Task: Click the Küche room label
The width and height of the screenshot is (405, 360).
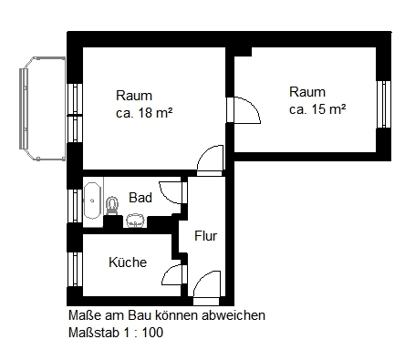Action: (128, 262)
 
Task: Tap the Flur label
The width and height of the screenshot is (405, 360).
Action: (206, 236)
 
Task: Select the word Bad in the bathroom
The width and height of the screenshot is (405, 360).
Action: (140, 198)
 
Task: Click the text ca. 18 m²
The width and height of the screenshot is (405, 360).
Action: (144, 113)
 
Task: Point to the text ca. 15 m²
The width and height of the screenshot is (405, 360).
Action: (317, 109)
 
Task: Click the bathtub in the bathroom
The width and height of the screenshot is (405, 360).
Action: (92, 201)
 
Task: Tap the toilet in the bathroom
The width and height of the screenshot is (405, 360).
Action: (112, 206)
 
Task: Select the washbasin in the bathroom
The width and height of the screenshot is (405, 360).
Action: (135, 221)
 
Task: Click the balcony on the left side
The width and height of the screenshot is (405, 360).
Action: (42, 108)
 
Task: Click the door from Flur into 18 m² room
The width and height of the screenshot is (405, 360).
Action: (210, 160)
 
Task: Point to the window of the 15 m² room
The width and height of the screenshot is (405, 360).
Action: (384, 104)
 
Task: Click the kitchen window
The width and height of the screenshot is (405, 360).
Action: (75, 269)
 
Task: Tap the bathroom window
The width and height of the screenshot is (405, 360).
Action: (75, 206)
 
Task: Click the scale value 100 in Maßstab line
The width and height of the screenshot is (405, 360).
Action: (152, 333)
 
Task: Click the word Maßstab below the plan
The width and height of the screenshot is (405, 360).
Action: (94, 333)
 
